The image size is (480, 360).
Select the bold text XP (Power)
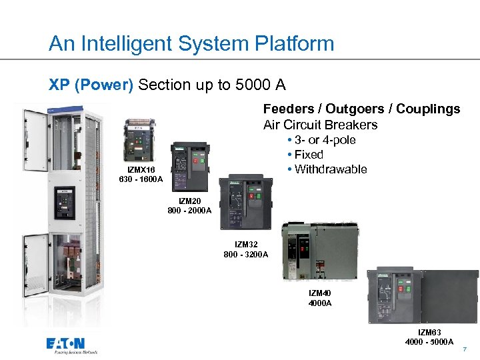pyautogui.click(x=91, y=85)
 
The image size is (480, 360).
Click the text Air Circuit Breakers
pyautogui.click(x=320, y=125)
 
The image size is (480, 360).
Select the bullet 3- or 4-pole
pyautogui.click(x=323, y=140)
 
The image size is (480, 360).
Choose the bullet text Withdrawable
pyautogui.click(x=329, y=169)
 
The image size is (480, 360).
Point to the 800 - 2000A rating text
pyautogui.click(x=189, y=211)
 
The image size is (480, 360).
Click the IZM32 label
pyautogui.click(x=246, y=245)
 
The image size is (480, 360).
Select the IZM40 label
pyautogui.click(x=320, y=293)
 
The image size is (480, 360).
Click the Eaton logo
pyautogui.click(x=71, y=345)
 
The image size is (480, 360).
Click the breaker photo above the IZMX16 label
pyautogui.click(x=139, y=141)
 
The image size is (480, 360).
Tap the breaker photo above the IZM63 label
pyautogui.click(x=423, y=296)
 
